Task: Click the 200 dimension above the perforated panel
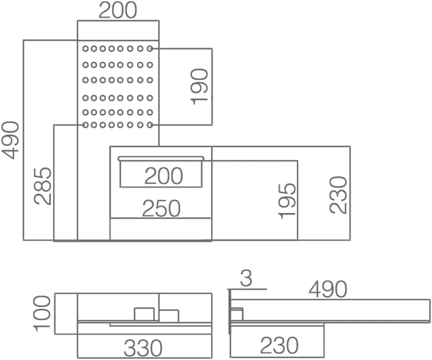[x=118, y=11]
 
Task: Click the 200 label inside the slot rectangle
[x=164, y=176]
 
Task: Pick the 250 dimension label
[x=162, y=208]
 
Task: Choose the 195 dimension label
[x=287, y=201]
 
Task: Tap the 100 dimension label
[x=42, y=313]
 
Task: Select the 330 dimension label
[x=143, y=348]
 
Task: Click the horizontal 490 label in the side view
[x=328, y=289]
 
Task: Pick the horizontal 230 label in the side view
[x=279, y=345]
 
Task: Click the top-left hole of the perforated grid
[x=86, y=49]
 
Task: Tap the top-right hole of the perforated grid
[x=150, y=49]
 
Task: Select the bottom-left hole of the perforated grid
[x=86, y=125]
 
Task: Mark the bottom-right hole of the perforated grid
[x=150, y=125]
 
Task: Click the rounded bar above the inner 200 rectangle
[x=161, y=158]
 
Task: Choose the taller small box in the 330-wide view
[x=144, y=314]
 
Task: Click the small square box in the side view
[x=237, y=314]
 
